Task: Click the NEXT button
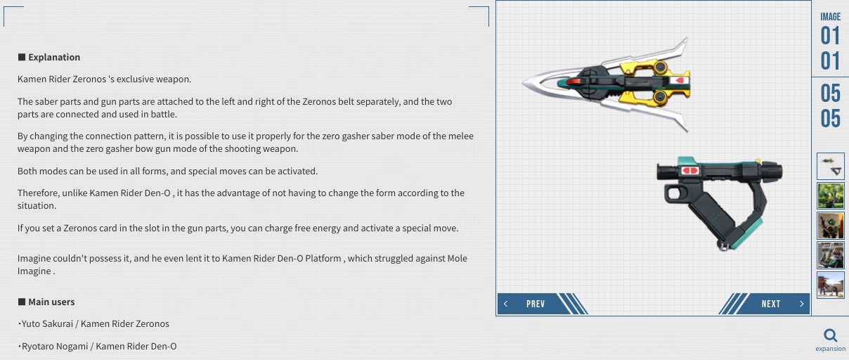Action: [x=770, y=304]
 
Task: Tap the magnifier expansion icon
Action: [x=830, y=335]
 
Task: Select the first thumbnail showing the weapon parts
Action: [x=831, y=166]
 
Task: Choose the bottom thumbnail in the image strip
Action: [x=831, y=285]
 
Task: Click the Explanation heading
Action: [x=49, y=57]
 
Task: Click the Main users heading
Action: [x=46, y=302]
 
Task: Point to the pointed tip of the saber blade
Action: [x=523, y=83]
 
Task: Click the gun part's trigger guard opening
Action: [x=674, y=193]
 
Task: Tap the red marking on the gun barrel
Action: [x=690, y=170]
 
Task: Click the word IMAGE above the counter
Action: [x=831, y=17]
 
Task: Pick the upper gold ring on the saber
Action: [x=660, y=67]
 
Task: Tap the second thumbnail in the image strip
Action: [x=831, y=195]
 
